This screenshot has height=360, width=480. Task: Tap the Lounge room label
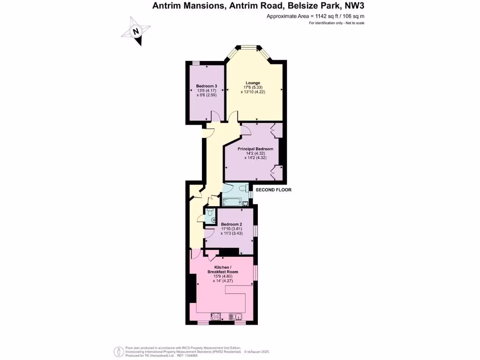pyautogui.click(x=253, y=83)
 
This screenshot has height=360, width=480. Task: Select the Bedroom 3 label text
pyautogui.click(x=206, y=86)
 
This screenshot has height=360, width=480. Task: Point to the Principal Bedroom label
pyautogui.click(x=255, y=149)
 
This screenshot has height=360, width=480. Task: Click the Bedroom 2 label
pyautogui.click(x=232, y=224)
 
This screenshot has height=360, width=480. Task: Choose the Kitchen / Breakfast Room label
pyautogui.click(x=223, y=270)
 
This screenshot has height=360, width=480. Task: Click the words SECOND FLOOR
pyautogui.click(x=273, y=190)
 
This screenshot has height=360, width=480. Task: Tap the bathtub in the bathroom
pyautogui.click(x=232, y=202)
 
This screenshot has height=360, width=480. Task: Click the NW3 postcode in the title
pyautogui.click(x=355, y=6)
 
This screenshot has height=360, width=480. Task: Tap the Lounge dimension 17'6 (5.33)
pyautogui.click(x=253, y=88)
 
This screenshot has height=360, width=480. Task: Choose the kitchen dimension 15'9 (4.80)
pyautogui.click(x=223, y=276)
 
